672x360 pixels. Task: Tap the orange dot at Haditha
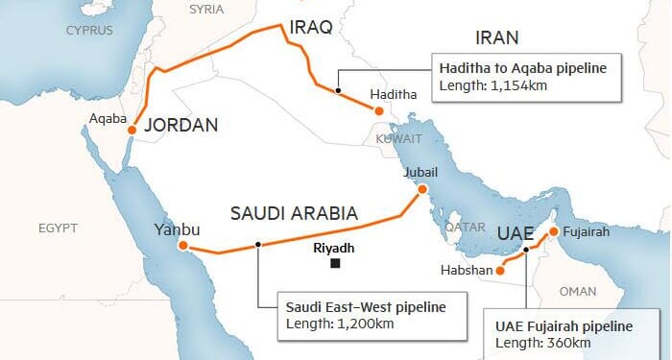coord(379,112)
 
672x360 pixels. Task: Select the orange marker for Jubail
coord(421,190)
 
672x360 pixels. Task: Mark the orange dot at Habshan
coord(499,271)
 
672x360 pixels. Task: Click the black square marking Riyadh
coord(334,263)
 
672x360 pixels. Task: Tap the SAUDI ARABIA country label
coord(294,213)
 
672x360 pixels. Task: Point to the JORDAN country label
coord(180,125)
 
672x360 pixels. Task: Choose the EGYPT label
coord(58,228)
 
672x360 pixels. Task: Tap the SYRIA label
coord(206,10)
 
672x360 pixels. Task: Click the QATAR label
coord(464,228)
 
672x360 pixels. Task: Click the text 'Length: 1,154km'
coord(490,85)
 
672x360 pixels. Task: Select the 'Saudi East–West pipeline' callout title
coord(367,307)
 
